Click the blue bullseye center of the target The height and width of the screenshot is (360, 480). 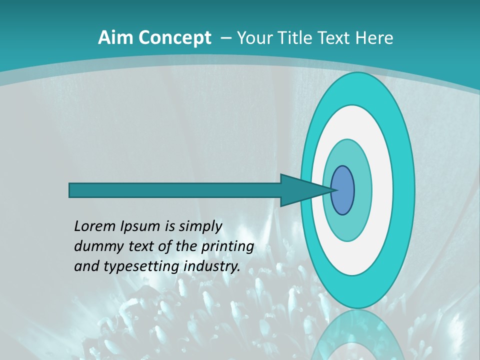(x=342, y=190)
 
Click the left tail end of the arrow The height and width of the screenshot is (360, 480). (x=71, y=190)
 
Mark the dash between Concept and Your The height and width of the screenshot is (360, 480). (x=225, y=38)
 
